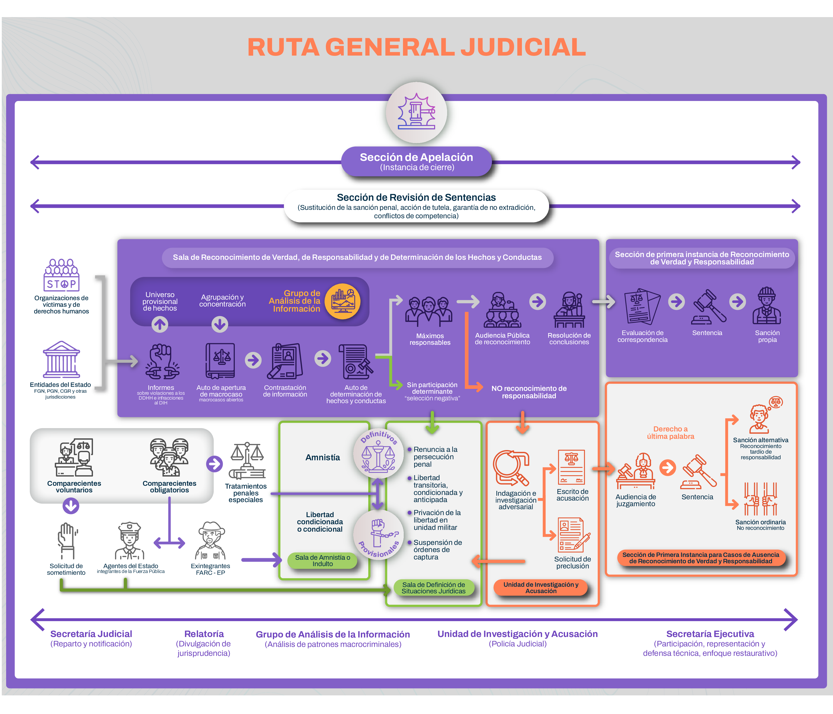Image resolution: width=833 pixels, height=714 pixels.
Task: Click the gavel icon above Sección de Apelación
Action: coord(416,112)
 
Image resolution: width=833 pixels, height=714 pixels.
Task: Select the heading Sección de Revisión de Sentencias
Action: coord(416,197)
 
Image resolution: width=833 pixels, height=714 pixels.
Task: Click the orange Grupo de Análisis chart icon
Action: coord(342,301)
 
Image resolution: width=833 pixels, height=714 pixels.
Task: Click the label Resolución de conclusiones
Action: coord(569,339)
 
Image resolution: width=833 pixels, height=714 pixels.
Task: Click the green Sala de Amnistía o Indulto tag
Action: coord(322,560)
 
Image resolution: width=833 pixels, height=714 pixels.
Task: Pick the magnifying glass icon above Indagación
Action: coord(511,468)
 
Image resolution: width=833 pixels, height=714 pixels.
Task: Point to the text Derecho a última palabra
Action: coord(670,432)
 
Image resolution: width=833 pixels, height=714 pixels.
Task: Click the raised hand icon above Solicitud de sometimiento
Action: coord(67,540)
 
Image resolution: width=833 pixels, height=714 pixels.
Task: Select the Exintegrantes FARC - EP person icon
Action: coord(210,540)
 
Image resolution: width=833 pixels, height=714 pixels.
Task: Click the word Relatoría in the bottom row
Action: coord(204,634)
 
